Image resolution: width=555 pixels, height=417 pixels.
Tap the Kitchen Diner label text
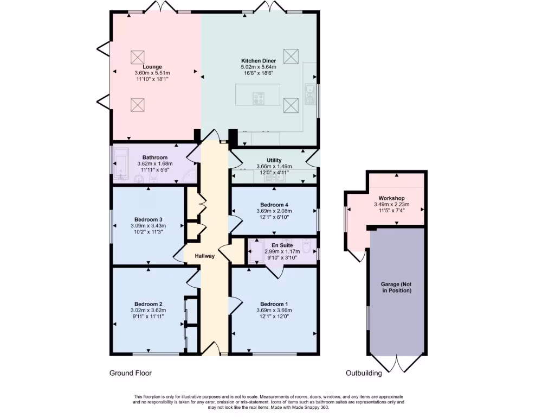coord(259,61)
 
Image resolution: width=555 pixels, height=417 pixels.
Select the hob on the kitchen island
coord(259,98)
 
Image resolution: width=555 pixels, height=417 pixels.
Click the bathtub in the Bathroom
coord(120,162)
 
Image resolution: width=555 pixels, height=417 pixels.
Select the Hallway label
coord(205,256)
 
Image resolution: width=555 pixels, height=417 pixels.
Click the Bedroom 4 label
coord(274,205)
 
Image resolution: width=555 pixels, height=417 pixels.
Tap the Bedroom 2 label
coord(149,304)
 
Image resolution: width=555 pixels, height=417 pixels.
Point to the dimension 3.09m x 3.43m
coord(148,225)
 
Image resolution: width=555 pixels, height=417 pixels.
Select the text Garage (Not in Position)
coord(396,287)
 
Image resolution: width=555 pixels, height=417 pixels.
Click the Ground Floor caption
coord(131,373)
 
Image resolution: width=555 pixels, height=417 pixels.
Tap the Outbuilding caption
coord(364,373)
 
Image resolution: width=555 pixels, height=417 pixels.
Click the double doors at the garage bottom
coord(397,363)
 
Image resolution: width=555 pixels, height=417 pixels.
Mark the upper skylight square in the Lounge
coord(137,56)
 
